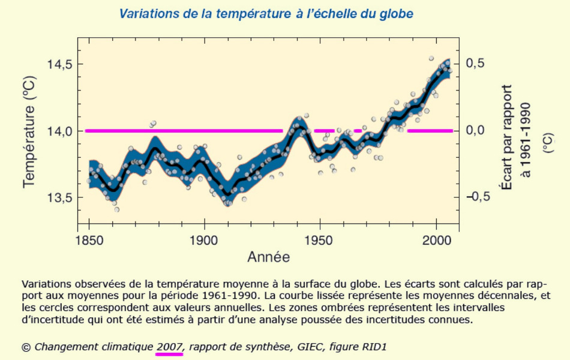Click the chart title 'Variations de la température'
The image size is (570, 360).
(x=266, y=13)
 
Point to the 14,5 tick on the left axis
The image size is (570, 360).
(x=57, y=64)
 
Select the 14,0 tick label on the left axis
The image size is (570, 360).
(x=57, y=130)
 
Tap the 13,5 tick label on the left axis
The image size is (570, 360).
(x=57, y=197)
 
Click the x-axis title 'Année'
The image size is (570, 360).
(x=268, y=257)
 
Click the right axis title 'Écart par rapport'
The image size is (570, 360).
(x=506, y=130)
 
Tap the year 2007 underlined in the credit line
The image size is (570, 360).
(x=169, y=346)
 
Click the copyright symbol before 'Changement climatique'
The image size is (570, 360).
(x=26, y=347)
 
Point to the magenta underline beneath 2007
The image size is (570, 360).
(x=169, y=355)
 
